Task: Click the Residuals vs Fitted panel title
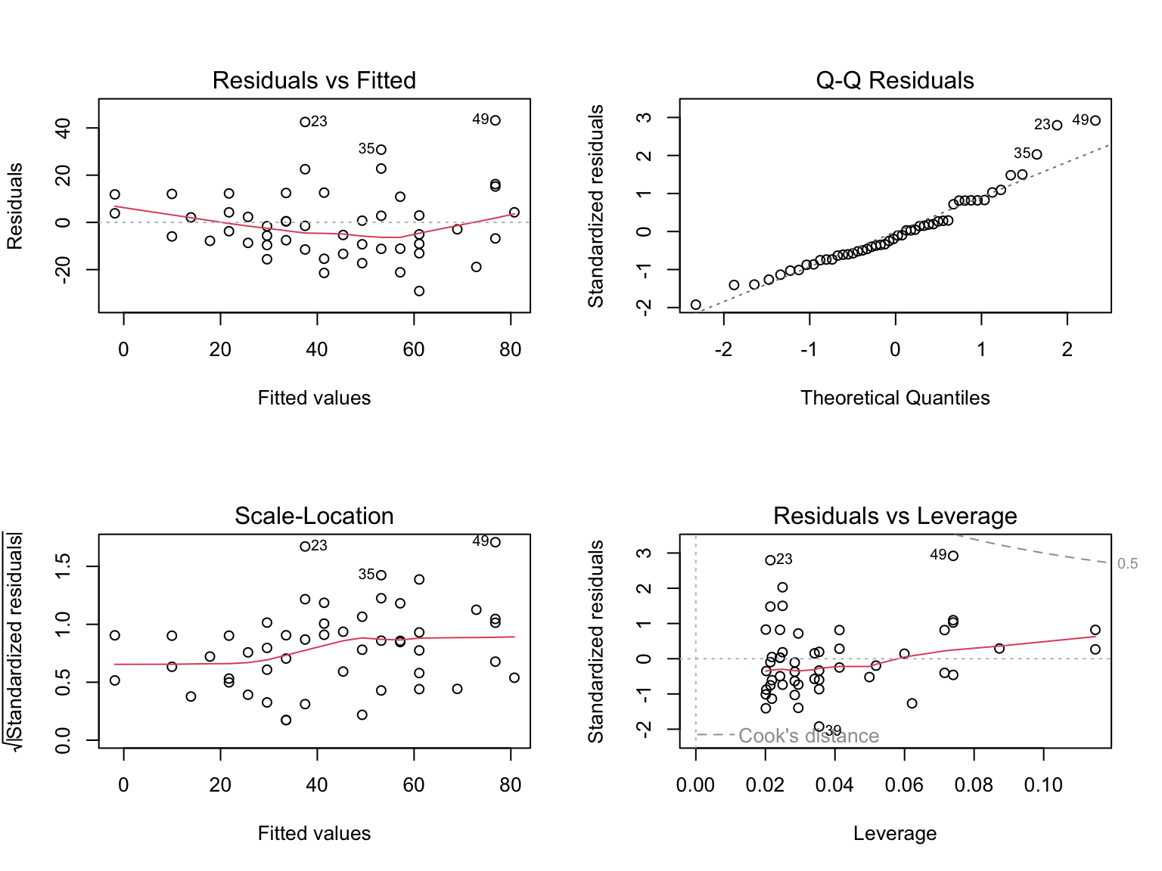pyautogui.click(x=314, y=80)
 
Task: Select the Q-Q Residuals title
pyautogui.click(x=894, y=80)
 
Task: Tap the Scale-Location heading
pyautogui.click(x=314, y=516)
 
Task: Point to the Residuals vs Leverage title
pyautogui.click(x=894, y=516)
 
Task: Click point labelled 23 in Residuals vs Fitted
pyautogui.click(x=305, y=122)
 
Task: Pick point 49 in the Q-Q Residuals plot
pyautogui.click(x=1095, y=121)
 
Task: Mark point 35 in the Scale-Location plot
pyautogui.click(x=381, y=575)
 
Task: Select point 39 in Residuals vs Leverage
pyautogui.click(x=819, y=727)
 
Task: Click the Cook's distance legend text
pyautogui.click(x=808, y=736)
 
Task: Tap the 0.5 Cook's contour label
pyautogui.click(x=1127, y=564)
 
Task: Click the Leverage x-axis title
pyautogui.click(x=894, y=833)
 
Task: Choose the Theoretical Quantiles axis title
pyautogui.click(x=894, y=398)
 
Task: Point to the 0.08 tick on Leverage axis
pyautogui.click(x=974, y=785)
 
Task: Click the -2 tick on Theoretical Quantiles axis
pyautogui.click(x=723, y=349)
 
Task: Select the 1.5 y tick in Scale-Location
pyautogui.click(x=64, y=566)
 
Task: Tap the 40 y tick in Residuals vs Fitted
pyautogui.click(x=64, y=128)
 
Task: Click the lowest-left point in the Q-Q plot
pyautogui.click(x=696, y=305)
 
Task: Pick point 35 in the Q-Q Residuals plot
pyautogui.click(x=1036, y=154)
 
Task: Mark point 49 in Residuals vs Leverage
pyautogui.click(x=953, y=556)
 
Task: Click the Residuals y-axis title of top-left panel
pyautogui.click(x=15, y=206)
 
